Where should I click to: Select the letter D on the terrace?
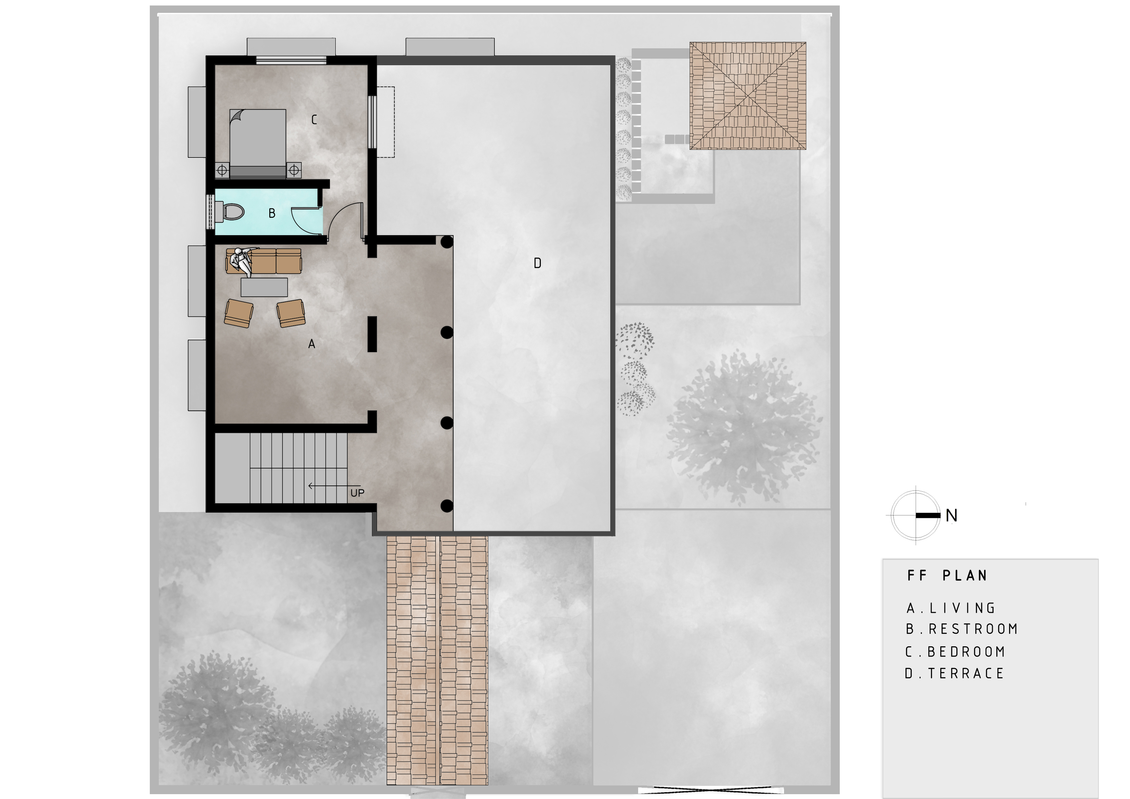[x=537, y=263]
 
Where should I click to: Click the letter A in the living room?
[x=311, y=344]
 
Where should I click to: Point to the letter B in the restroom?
[x=272, y=213]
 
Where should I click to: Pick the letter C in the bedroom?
[x=314, y=119]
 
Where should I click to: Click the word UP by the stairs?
[x=357, y=493]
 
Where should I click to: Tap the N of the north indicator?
[x=951, y=515]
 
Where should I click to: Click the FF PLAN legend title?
[x=947, y=575]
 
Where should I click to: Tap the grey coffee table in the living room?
[x=264, y=287]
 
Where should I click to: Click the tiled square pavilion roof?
[x=748, y=95]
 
